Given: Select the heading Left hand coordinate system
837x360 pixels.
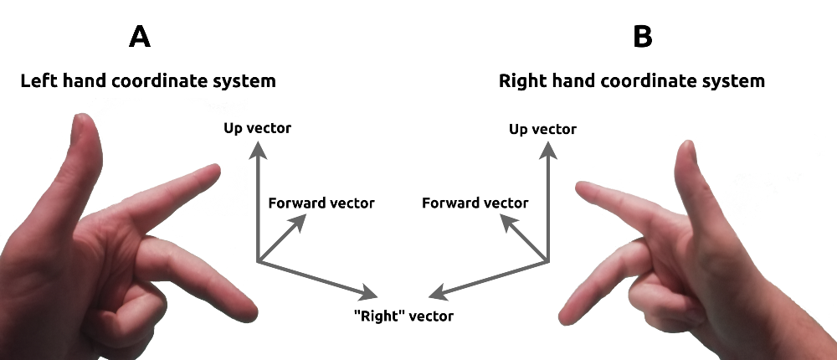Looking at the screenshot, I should tap(148, 81).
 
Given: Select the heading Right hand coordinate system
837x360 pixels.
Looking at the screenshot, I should tap(632, 81).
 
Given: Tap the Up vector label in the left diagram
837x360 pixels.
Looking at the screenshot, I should tap(258, 128).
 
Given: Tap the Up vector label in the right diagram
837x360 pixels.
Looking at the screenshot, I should tap(542, 129).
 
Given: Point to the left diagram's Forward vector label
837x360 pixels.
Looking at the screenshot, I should tap(321, 203).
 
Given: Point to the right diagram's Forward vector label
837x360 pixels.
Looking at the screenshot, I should tap(475, 203).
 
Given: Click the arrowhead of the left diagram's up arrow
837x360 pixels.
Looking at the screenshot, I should tap(258, 149).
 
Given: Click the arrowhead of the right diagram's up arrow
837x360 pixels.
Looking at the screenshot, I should tap(548, 149).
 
